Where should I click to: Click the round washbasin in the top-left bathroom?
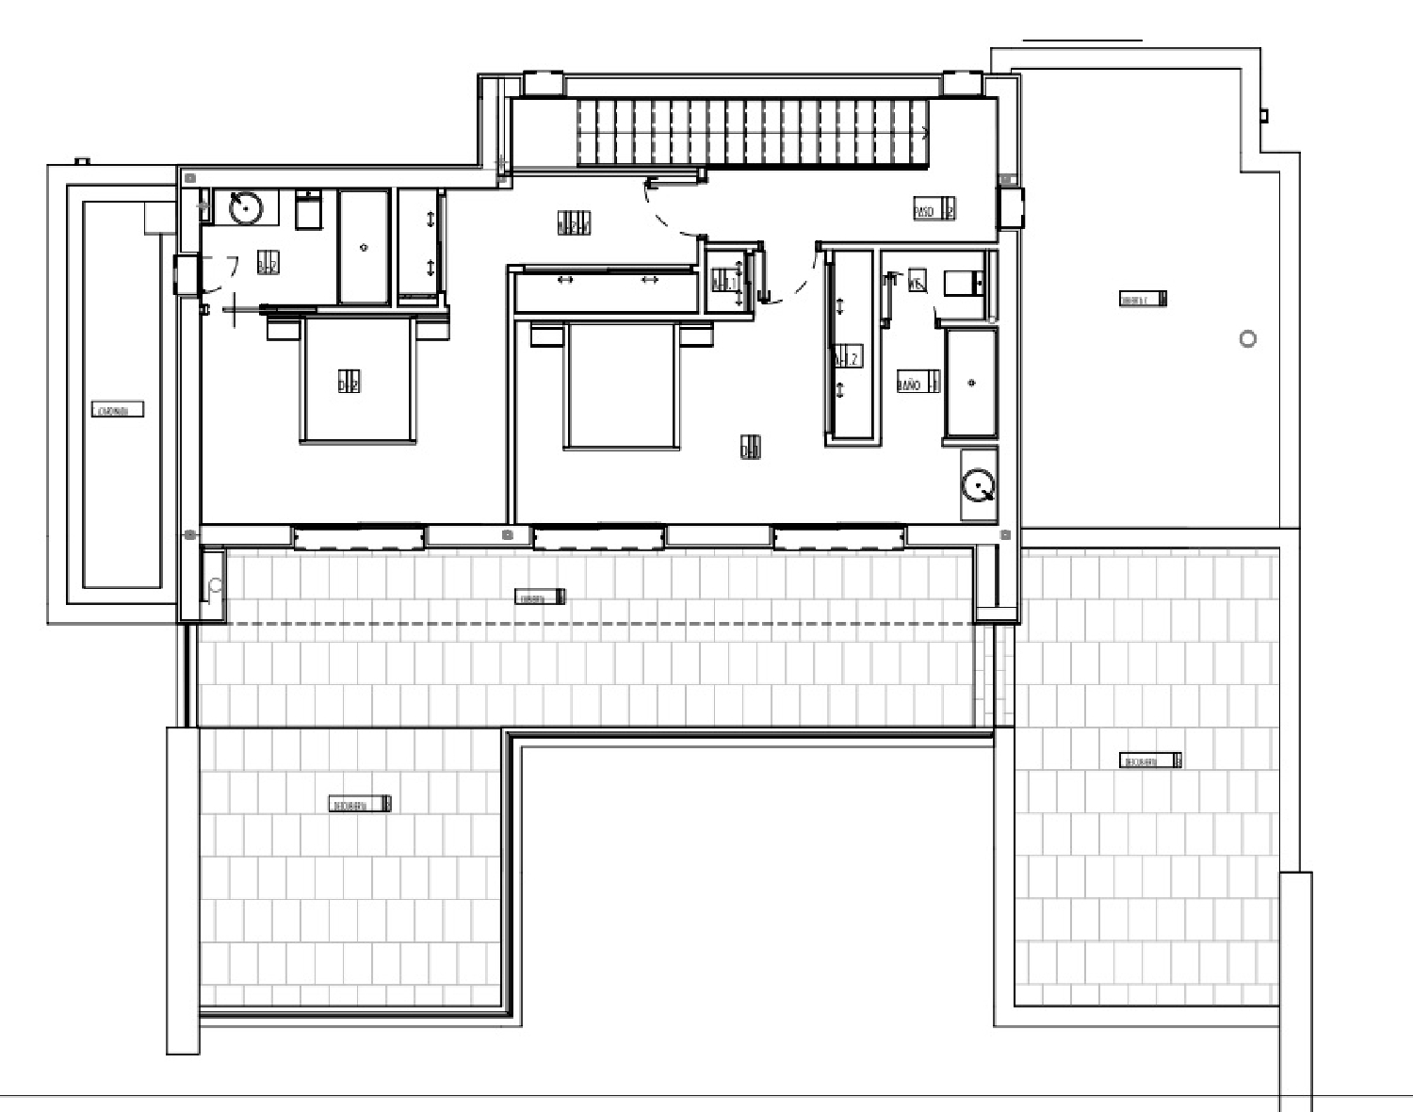pyautogui.click(x=247, y=207)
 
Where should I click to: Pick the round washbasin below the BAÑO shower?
pyautogui.click(x=979, y=486)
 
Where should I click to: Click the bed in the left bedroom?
pyautogui.click(x=358, y=381)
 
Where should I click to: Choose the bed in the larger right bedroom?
pyautogui.click(x=621, y=386)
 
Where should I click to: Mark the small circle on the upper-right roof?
pyautogui.click(x=1248, y=339)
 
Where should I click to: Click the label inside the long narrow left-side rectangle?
pyautogui.click(x=118, y=410)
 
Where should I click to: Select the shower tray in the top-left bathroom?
pyautogui.click(x=364, y=247)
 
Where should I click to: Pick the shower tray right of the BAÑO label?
pyautogui.click(x=971, y=383)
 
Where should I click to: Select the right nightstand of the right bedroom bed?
pyautogui.click(x=696, y=335)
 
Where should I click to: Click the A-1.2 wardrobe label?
pyautogui.click(x=847, y=358)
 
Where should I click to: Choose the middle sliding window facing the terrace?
pyautogui.click(x=599, y=539)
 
